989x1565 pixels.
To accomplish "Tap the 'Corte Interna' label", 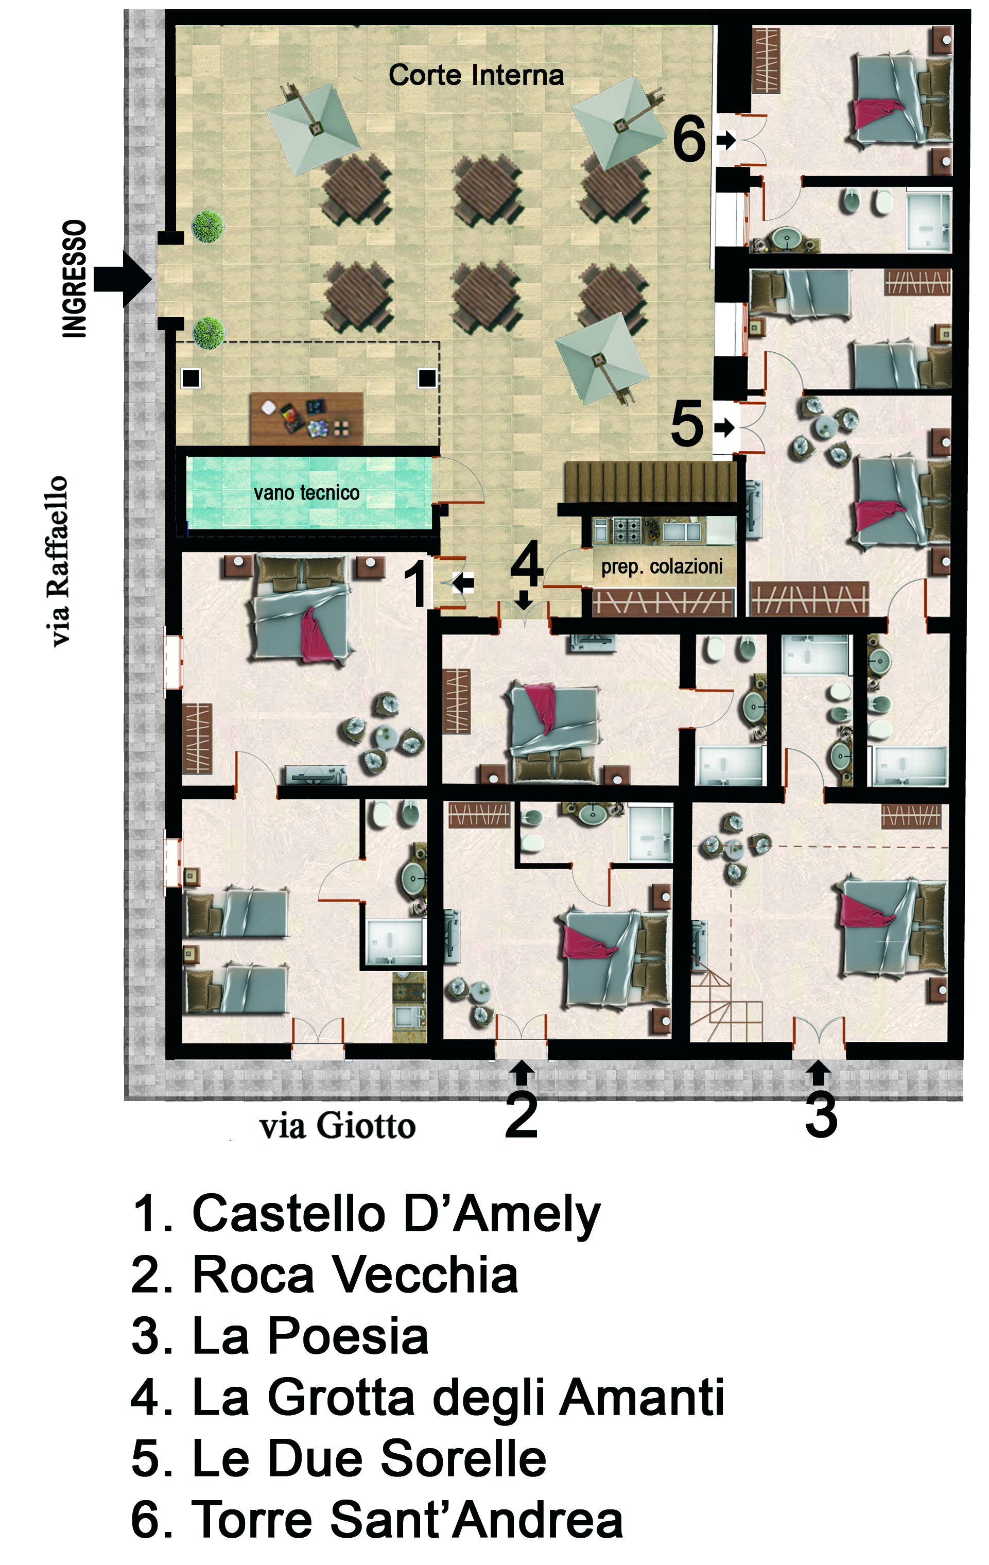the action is click(476, 75).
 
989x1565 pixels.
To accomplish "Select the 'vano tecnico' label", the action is click(307, 493).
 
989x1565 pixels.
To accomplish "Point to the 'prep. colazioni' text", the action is click(662, 567).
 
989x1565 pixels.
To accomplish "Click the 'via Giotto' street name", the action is click(337, 1126).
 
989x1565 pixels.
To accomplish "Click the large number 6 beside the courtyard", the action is click(689, 139).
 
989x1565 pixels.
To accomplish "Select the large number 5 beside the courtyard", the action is click(687, 424).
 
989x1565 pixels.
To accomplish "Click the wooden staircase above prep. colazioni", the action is click(650, 481).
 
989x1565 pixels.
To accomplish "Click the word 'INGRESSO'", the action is click(75, 279).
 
